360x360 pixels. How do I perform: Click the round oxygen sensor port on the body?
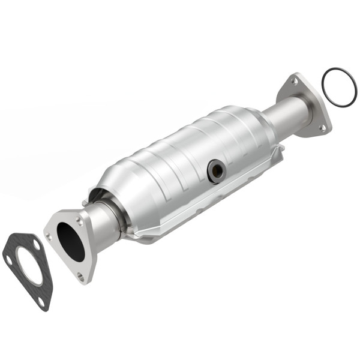(216, 172)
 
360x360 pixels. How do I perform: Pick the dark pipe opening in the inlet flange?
(71, 241)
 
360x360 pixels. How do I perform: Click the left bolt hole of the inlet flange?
(49, 236)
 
